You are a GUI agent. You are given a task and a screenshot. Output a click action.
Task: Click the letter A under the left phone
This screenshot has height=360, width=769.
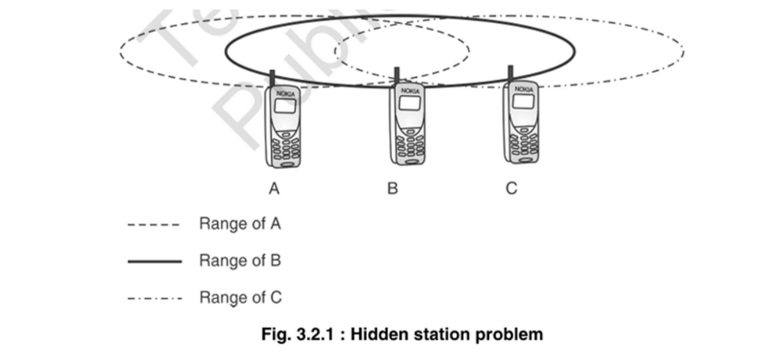(x=275, y=189)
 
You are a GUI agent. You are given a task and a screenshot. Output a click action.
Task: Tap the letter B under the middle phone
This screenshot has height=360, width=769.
(x=392, y=189)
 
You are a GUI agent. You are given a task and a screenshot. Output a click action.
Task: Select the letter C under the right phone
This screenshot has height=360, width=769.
(x=511, y=189)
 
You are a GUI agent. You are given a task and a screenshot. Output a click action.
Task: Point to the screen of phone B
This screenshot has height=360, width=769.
(x=409, y=103)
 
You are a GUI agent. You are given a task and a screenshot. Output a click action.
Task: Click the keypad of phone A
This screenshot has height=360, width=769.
(x=285, y=145)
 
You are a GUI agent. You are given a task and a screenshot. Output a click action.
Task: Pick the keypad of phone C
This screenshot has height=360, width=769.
(x=523, y=140)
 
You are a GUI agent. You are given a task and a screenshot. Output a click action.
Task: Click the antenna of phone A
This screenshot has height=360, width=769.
(x=271, y=78)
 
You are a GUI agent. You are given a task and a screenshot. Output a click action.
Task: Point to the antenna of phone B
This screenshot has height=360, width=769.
(x=397, y=75)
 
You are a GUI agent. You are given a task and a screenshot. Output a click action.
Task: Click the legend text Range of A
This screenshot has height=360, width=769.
(x=240, y=224)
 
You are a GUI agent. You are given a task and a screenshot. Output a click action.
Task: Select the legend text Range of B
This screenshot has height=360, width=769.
(x=240, y=260)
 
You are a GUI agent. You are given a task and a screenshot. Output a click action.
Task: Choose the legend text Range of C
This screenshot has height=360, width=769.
(x=240, y=297)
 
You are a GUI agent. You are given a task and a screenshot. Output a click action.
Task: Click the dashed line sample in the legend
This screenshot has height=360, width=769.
(x=154, y=224)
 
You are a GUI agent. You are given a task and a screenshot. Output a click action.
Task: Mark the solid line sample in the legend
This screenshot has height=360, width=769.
(x=154, y=261)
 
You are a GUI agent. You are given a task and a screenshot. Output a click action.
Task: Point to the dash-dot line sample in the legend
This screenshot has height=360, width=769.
(x=154, y=298)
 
